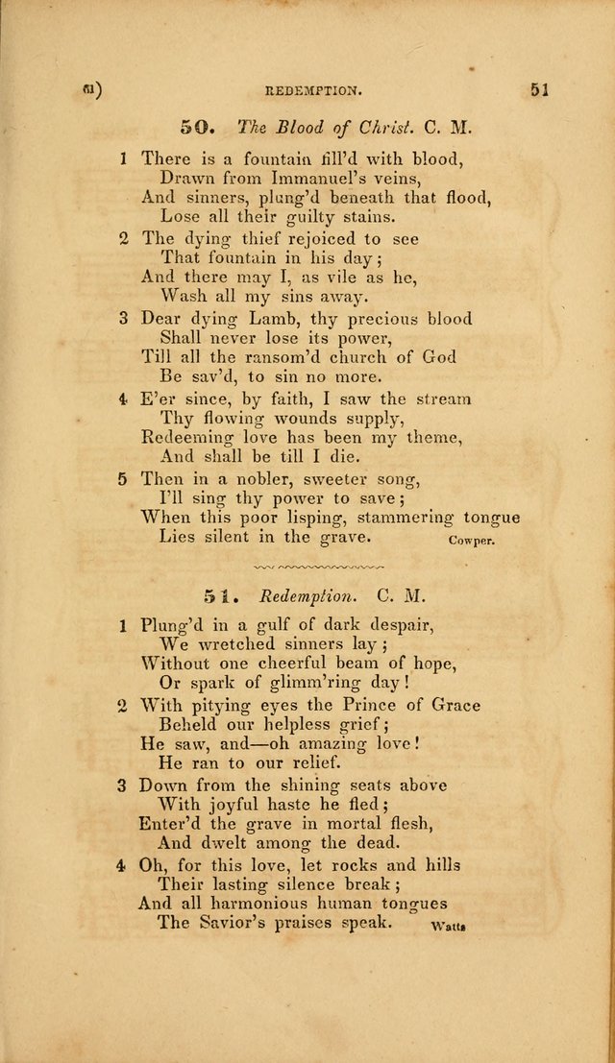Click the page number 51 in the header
coord(537,91)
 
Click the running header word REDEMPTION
coord(313,93)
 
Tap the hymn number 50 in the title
coord(195,127)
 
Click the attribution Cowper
coord(471,541)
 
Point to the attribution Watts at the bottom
coord(449,927)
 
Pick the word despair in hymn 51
coord(397,625)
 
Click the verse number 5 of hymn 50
coord(123,478)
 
